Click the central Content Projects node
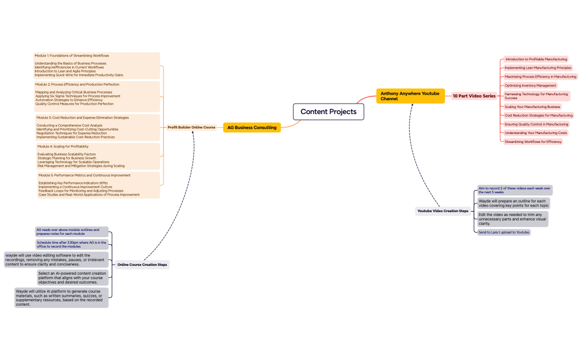tap(328, 112)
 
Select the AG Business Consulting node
tap(252, 127)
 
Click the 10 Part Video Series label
tap(474, 96)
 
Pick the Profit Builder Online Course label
tap(191, 127)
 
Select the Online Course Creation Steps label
tap(142, 265)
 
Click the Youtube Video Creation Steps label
tap(443, 211)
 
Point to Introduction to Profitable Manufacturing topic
tap(535, 59)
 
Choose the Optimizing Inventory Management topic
tap(530, 86)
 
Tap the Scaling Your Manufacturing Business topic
tap(532, 106)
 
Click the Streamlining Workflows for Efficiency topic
tap(533, 142)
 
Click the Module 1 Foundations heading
tap(72, 56)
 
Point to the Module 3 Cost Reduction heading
tap(82, 118)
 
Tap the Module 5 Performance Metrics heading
tap(84, 176)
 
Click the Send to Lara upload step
tap(504, 233)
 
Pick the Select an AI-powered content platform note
tap(72, 277)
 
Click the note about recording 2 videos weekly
tap(514, 190)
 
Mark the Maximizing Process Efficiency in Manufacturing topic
tap(540, 77)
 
